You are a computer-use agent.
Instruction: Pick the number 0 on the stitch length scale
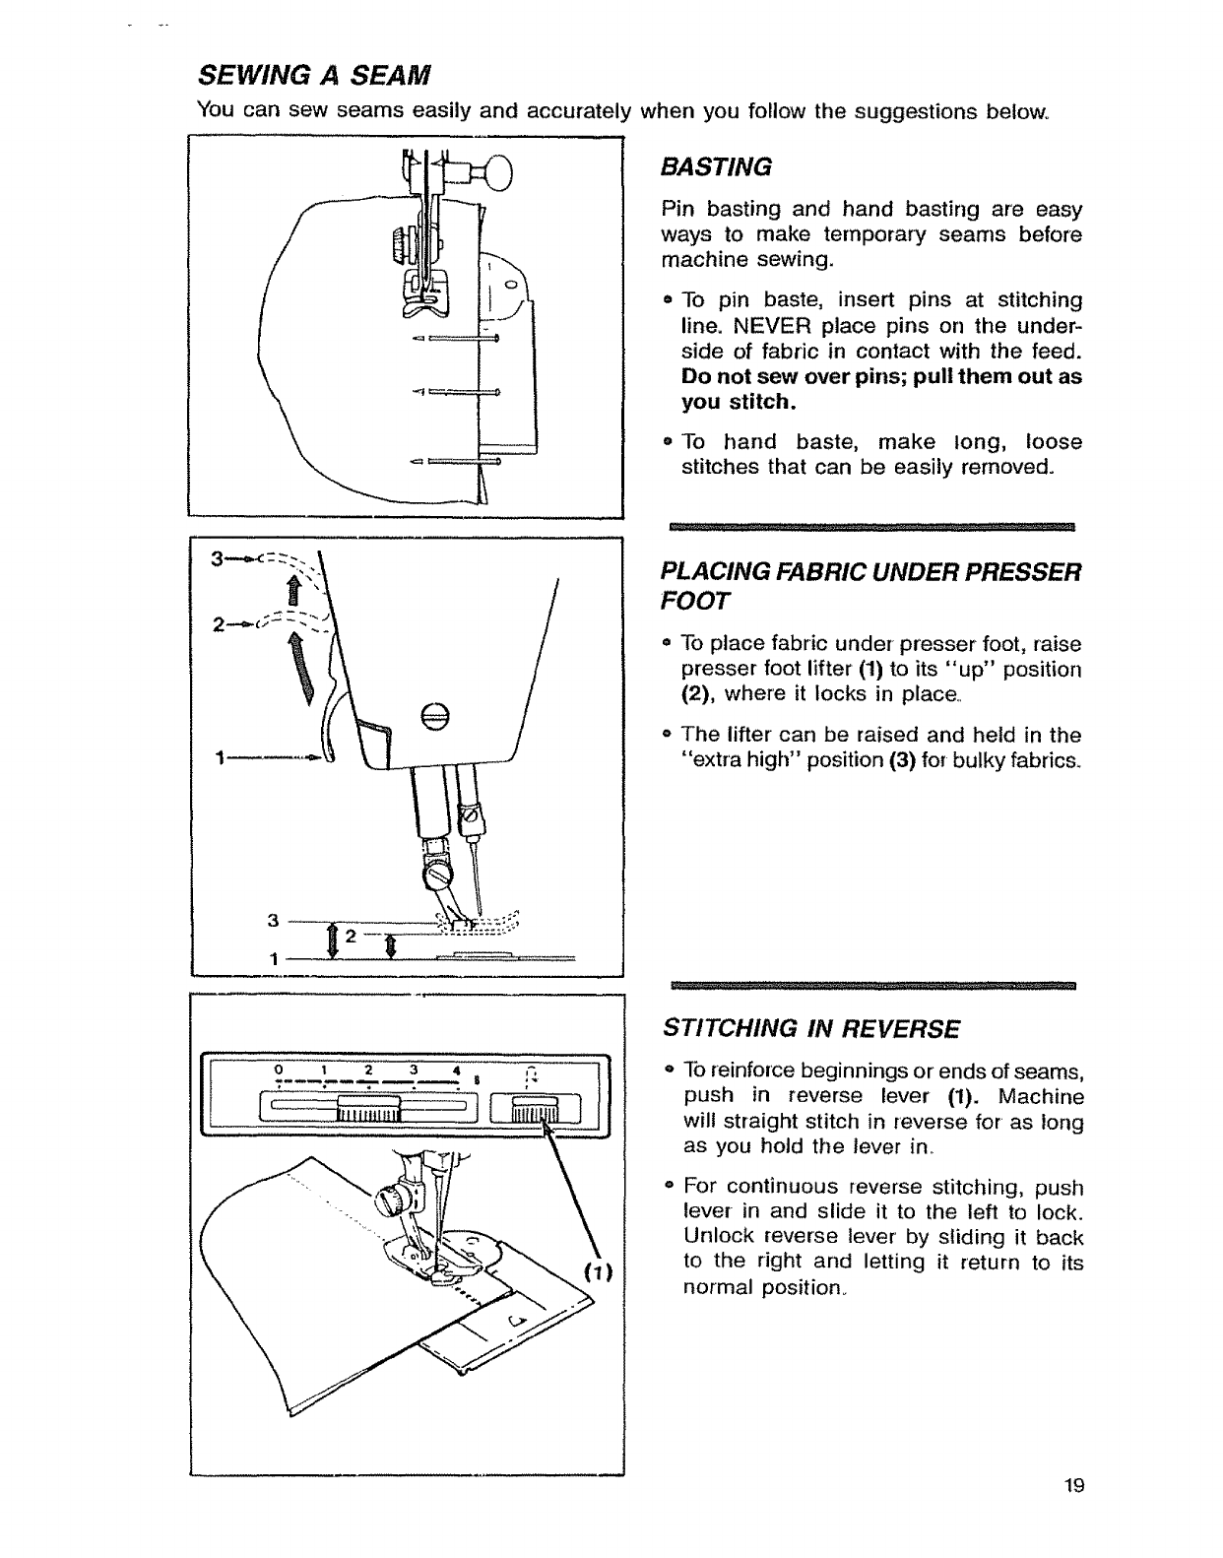point(281,1071)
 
